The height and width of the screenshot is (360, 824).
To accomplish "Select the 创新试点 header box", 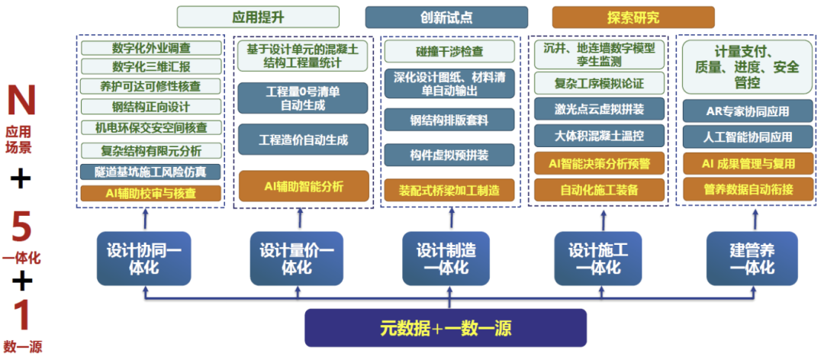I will pos(446,17).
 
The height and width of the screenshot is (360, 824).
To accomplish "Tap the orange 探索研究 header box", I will pos(632,17).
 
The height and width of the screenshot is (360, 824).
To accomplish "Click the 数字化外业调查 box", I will pos(151,47).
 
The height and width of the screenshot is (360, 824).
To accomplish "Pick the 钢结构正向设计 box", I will pos(151,106).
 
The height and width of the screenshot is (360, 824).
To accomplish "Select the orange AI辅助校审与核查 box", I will pos(151,193).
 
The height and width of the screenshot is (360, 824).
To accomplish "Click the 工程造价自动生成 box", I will pos(303,140).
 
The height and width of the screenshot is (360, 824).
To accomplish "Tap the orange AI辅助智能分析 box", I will pos(303,185).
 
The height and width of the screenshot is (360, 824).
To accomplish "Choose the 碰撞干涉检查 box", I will pos(449,52).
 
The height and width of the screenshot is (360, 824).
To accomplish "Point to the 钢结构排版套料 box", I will pos(449,120).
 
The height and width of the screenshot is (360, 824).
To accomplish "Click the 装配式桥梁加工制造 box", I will pos(449,190).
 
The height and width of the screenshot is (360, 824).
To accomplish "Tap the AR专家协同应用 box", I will pos(748,111).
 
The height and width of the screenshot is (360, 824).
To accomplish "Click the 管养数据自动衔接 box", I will pos(748,188).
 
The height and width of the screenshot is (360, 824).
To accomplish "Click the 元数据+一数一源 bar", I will pos(446,329).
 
